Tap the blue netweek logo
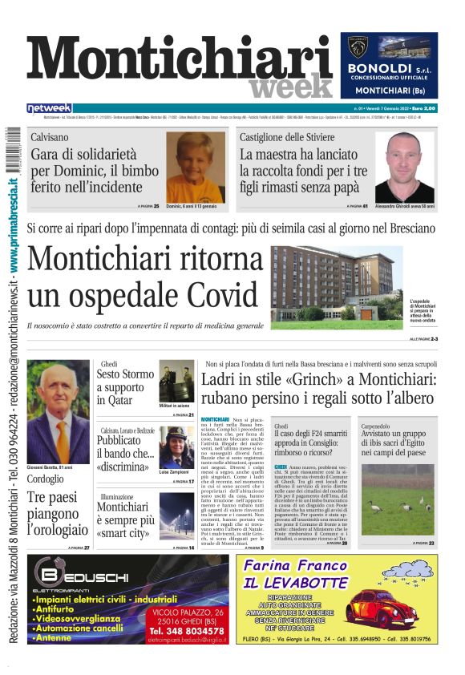[50, 107]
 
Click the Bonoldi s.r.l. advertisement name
[389, 70]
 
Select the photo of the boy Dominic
[196, 167]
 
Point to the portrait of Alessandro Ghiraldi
[404, 167]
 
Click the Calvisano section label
[49, 137]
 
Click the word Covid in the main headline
[208, 295]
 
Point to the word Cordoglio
[46, 479]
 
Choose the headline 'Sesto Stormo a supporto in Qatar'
[125, 386]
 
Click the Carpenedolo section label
[382, 426]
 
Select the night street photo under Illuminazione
[176, 515]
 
